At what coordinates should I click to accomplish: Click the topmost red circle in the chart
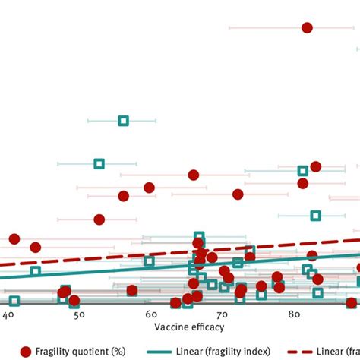[307, 27]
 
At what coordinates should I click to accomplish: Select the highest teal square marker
[123, 121]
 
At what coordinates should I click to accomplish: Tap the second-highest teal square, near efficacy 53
[99, 164]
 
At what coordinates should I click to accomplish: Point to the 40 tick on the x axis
[9, 314]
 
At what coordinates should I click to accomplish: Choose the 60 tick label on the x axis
[151, 314]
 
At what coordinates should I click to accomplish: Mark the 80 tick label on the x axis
[296, 314]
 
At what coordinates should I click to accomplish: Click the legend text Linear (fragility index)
[235, 351]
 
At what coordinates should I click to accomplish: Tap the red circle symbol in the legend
[26, 351]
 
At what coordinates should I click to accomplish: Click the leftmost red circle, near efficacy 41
[14, 239]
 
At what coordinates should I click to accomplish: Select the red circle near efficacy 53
[99, 219]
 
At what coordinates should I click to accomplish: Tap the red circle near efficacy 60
[150, 188]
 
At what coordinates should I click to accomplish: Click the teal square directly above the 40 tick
[14, 301]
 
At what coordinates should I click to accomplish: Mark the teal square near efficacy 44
[35, 271]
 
